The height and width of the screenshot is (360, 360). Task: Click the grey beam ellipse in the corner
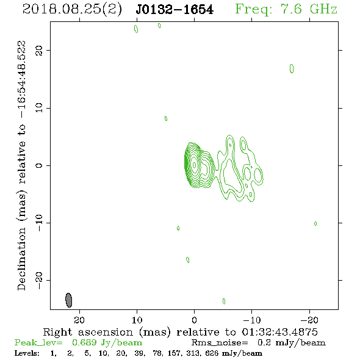point(69,300)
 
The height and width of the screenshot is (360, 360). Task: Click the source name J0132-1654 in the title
point(175,10)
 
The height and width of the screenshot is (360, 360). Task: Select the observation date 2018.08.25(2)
point(72,10)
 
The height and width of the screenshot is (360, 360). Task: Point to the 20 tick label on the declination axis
point(38,50)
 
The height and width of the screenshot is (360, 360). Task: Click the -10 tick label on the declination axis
point(38,223)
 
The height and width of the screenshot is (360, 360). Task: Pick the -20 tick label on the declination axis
point(38,280)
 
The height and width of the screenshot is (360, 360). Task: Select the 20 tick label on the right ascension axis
point(79,320)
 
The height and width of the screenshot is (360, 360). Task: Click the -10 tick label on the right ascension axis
point(252,320)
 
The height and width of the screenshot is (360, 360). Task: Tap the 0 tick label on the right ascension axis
point(194,320)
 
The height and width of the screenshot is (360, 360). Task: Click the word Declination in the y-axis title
point(21,259)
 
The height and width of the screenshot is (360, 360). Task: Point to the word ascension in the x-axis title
point(106,332)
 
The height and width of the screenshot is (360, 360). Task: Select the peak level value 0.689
point(84,342)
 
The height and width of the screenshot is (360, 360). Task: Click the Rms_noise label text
point(220,342)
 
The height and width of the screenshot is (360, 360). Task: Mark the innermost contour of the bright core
point(195,165)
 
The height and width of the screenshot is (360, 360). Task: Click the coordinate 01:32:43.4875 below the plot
point(279,332)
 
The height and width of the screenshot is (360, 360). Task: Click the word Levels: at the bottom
point(27,353)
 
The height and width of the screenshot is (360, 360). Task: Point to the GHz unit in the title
point(323,9)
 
